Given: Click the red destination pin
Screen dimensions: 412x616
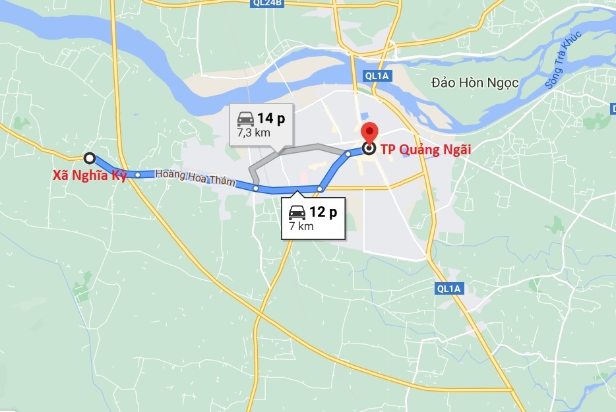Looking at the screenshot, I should click(x=369, y=132).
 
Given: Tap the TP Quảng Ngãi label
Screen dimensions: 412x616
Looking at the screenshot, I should click(x=427, y=148).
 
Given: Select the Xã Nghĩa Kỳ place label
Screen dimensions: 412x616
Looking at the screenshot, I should click(x=89, y=176).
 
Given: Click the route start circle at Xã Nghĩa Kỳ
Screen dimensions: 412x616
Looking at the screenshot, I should click(x=90, y=158).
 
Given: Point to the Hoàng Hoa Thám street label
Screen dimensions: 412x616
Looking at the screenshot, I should click(x=195, y=178).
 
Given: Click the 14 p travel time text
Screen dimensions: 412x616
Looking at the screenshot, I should click(x=270, y=119).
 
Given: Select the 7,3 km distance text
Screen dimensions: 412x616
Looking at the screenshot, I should click(x=253, y=132).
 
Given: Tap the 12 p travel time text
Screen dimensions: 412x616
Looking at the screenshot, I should click(x=323, y=212).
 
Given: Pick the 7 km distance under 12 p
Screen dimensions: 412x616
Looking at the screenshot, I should click(x=301, y=226).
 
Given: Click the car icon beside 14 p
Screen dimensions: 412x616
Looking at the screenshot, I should click(x=245, y=119).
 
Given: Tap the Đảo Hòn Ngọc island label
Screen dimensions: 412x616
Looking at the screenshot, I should click(x=475, y=83).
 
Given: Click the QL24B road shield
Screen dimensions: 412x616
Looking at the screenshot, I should click(x=266, y=3).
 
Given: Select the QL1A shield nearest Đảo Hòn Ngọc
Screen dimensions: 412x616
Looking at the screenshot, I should click(x=377, y=76).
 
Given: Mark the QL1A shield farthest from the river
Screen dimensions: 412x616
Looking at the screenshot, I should click(x=450, y=289).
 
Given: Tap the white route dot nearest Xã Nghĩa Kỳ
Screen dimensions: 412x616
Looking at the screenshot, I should click(x=137, y=175).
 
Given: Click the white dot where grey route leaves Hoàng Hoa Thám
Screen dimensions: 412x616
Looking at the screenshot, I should click(x=256, y=189).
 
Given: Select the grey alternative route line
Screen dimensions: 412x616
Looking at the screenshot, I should click(x=310, y=146).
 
